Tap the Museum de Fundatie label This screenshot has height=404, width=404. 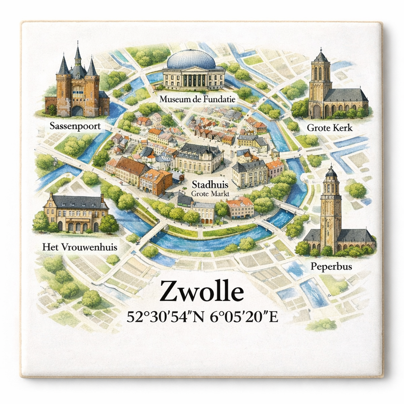(197, 99)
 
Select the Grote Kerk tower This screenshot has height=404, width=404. (320, 76)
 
